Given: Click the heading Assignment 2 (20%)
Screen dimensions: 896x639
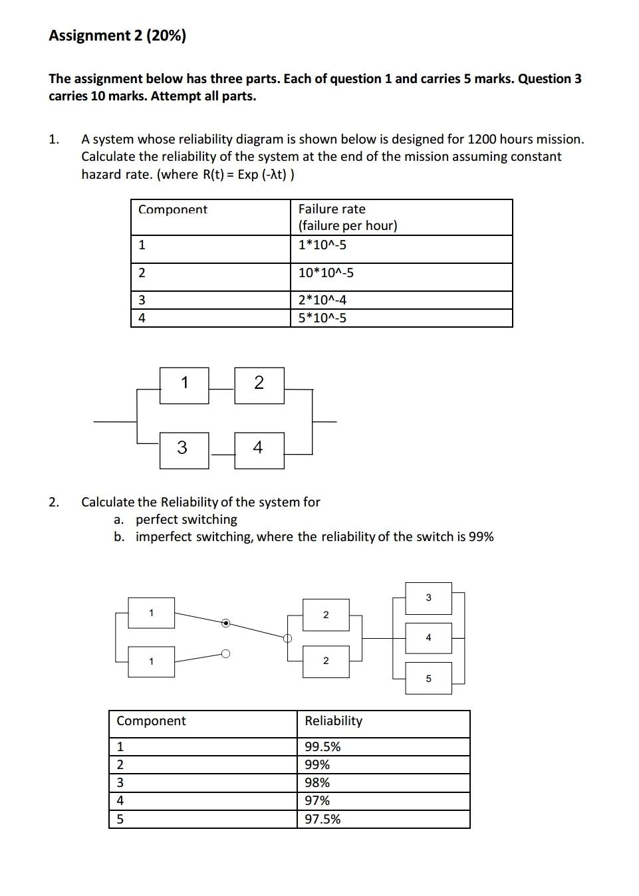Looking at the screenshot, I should (x=117, y=36).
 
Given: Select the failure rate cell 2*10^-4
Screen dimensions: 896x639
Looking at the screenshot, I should (x=322, y=300).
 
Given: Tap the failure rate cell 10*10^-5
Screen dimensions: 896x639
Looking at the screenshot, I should (x=326, y=273).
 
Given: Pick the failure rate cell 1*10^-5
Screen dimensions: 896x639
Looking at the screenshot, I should (x=322, y=245).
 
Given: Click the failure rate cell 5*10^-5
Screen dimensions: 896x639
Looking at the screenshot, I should (x=322, y=318).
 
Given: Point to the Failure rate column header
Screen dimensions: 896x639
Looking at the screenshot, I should (x=332, y=209).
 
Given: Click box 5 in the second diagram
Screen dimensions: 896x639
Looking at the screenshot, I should (x=428, y=678).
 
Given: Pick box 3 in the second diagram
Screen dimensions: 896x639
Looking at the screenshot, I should (x=428, y=598).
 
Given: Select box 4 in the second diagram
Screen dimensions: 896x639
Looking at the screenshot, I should (x=428, y=637).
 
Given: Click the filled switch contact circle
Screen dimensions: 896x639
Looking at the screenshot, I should (x=226, y=623).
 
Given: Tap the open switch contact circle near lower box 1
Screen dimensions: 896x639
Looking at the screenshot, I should (x=226, y=654).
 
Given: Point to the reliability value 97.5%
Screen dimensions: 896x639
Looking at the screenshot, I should (x=322, y=819).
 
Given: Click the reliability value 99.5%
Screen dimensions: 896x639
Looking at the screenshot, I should (x=322, y=746).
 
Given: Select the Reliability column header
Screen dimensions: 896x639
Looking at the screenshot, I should (x=333, y=721).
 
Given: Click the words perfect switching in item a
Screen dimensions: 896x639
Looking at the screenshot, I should (x=186, y=519).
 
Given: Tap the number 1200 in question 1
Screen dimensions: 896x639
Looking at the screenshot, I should (x=482, y=140).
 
